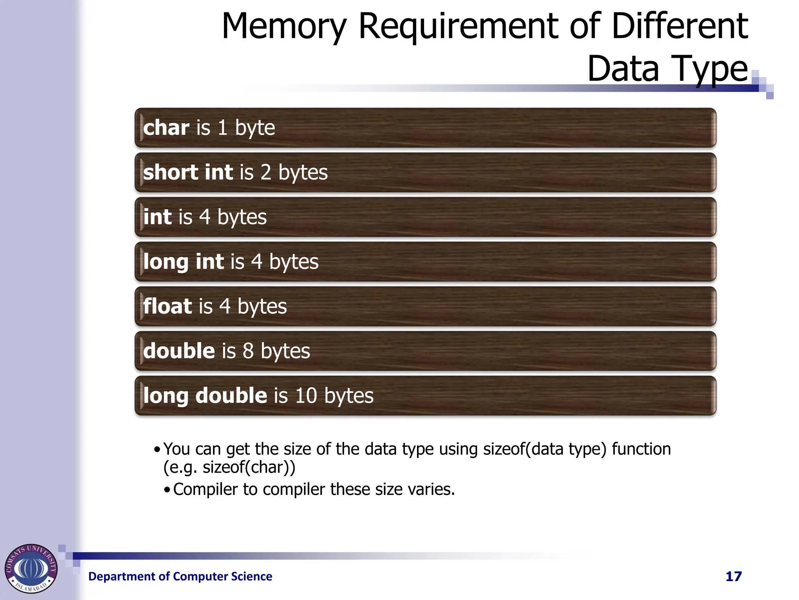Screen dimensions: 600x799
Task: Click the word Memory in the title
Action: pyautogui.click(x=284, y=27)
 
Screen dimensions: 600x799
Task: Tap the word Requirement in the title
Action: pyautogui.click(x=458, y=27)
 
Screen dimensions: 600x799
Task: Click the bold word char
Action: pyautogui.click(x=166, y=128)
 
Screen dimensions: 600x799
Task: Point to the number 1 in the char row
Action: pyautogui.click(x=222, y=128)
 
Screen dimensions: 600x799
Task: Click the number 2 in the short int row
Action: pyautogui.click(x=266, y=172)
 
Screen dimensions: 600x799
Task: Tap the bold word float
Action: pyautogui.click(x=167, y=306)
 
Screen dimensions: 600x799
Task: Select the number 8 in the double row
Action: pyautogui.click(x=249, y=351)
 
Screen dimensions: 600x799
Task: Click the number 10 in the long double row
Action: pyautogui.click(x=306, y=395)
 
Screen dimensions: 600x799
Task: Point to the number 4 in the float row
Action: pyautogui.click(x=225, y=306)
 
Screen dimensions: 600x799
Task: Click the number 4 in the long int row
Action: pyautogui.click(x=257, y=261)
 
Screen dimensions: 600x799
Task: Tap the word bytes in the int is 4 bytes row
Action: pyautogui.click(x=242, y=217)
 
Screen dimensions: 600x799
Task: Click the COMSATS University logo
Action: pyautogui.click(x=31, y=568)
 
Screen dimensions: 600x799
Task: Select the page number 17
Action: pyautogui.click(x=733, y=577)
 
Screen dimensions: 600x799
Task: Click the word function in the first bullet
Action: pyautogui.click(x=641, y=449)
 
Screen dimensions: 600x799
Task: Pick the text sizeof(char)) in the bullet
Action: pyautogui.click(x=249, y=468)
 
